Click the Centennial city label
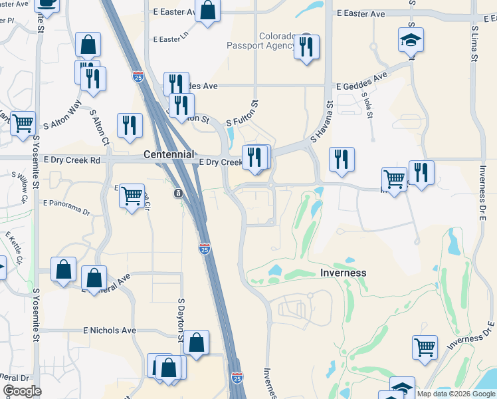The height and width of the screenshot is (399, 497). tap(169, 154)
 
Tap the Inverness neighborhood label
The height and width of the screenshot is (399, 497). tap(344, 273)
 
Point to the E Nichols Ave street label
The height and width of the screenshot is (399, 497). tap(110, 331)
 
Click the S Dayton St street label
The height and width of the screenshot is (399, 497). tap(181, 320)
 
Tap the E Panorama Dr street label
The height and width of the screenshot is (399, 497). tap(66, 203)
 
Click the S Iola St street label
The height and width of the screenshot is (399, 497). tap(365, 104)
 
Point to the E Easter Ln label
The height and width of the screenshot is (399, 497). tap(171, 39)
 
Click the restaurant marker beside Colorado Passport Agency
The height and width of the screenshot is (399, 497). tap(306, 47)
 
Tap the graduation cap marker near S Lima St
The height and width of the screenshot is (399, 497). tap(411, 40)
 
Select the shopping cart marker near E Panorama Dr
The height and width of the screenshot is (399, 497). tap(132, 196)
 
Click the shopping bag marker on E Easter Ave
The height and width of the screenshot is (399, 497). tap(208, 10)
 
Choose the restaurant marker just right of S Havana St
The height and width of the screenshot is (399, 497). tap(342, 159)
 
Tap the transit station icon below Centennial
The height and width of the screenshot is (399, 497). tap(178, 194)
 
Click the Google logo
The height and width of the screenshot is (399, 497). tap(22, 391)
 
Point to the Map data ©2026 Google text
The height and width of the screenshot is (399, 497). tap(455, 394)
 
